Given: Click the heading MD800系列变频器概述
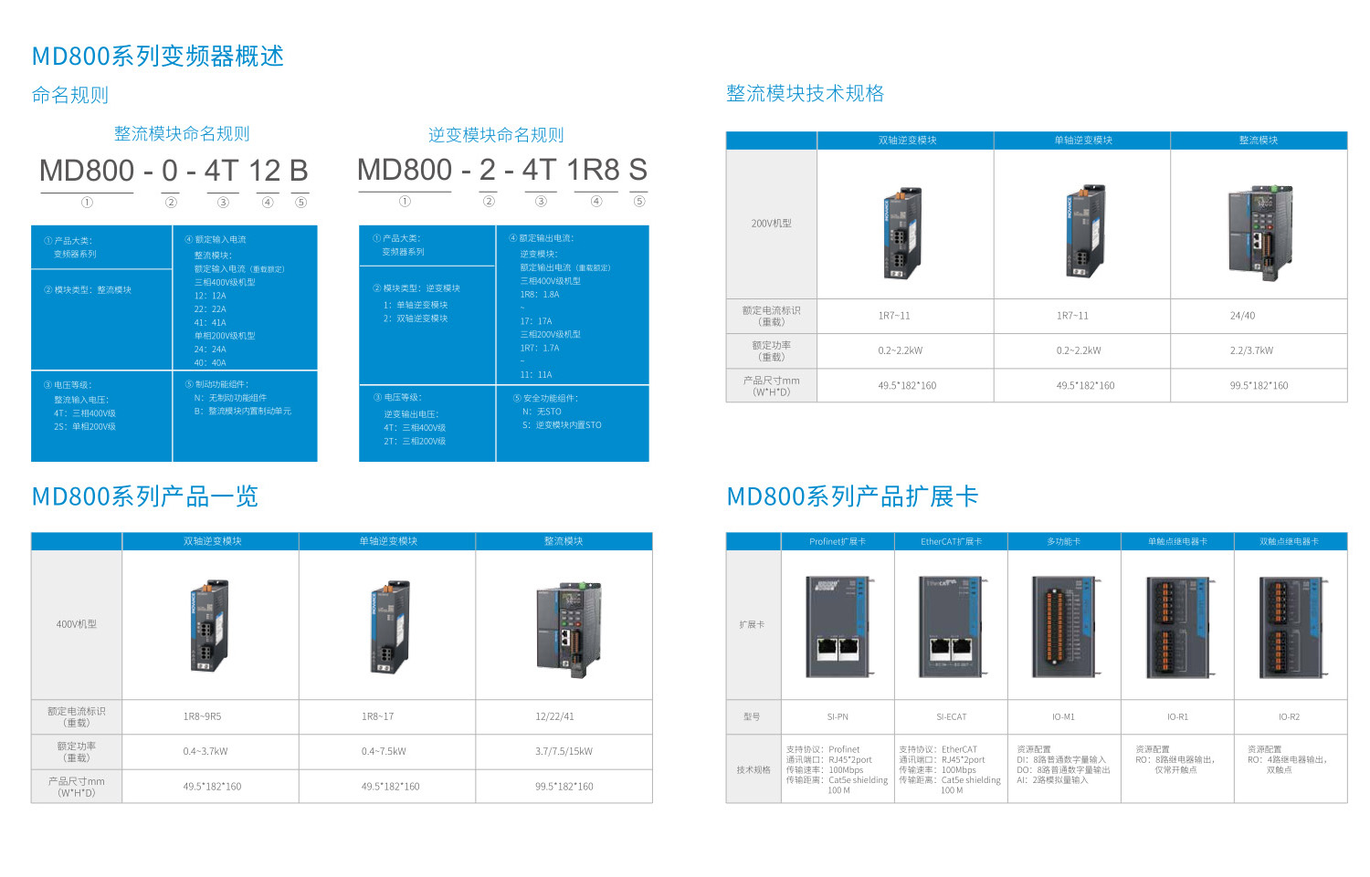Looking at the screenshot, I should [157, 57].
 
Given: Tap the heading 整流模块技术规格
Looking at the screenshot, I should [805, 93].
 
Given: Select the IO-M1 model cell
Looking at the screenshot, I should [1063, 717].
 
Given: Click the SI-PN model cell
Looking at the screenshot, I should [838, 717].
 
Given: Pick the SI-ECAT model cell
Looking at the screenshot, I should [951, 717].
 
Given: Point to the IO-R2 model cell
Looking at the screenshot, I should [1289, 717].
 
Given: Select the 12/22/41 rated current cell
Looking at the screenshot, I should [554, 716].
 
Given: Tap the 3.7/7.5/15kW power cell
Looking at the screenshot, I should [564, 752].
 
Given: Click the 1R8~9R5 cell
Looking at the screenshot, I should [202, 716].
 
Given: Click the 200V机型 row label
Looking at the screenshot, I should [771, 224].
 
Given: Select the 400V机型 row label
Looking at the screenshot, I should [77, 624].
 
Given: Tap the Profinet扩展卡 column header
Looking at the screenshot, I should [838, 542].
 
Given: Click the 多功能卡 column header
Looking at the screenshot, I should [1063, 542].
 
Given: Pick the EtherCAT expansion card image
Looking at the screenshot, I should [951, 626].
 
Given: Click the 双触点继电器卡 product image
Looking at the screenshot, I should [1290, 626].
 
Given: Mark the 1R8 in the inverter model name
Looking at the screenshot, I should [593, 171].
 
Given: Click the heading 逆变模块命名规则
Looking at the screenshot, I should [496, 135].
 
